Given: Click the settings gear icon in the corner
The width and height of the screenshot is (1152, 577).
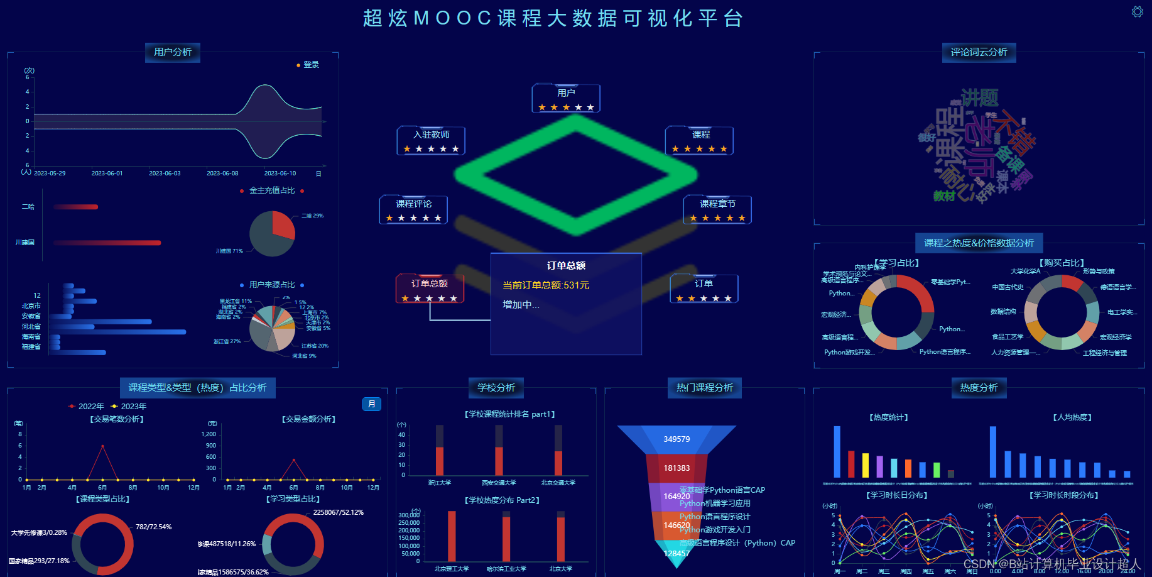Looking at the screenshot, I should click(x=1137, y=12).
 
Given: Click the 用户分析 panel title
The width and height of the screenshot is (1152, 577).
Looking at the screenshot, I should click(x=173, y=52).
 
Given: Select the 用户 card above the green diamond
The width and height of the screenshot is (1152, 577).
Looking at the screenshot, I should click(x=566, y=98).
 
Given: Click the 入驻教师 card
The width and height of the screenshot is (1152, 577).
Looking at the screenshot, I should click(x=431, y=140).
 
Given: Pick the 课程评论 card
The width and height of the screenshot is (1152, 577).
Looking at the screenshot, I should click(x=413, y=209).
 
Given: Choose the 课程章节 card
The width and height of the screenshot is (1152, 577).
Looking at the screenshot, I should click(x=717, y=209).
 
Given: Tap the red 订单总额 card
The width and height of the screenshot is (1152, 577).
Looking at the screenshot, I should click(x=430, y=288).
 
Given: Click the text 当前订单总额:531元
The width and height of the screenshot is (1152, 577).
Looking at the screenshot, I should click(x=546, y=285).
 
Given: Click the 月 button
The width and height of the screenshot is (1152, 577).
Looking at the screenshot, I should click(x=372, y=404).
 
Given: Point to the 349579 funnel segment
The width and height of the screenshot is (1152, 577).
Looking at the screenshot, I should click(x=677, y=439).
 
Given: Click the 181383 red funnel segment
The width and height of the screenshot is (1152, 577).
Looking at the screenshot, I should click(x=677, y=468).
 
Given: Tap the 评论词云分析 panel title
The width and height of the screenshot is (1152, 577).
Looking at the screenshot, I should click(x=979, y=52).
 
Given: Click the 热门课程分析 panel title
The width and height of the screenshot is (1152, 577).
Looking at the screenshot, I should click(x=704, y=388).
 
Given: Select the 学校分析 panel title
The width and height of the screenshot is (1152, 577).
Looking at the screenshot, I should click(x=496, y=388).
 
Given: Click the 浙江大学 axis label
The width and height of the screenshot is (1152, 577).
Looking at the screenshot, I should click(x=440, y=483).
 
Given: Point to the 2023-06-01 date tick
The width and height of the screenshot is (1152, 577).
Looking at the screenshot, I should click(x=107, y=173).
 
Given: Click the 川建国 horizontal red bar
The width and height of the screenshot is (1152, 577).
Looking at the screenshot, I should click(x=107, y=243).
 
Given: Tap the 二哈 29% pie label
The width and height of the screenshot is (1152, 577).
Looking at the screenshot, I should click(x=312, y=216).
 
